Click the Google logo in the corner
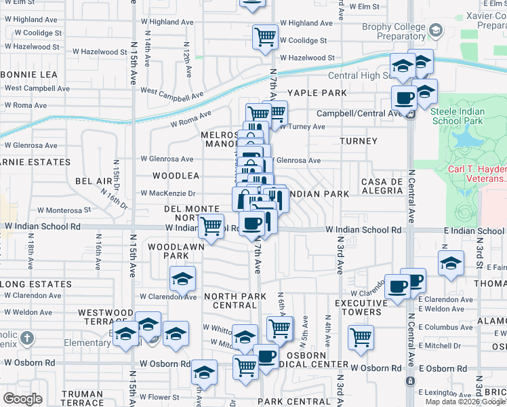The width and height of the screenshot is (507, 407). (x=22, y=399)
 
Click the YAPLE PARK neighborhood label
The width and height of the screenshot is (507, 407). (x=317, y=93)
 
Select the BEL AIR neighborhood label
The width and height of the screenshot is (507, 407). (x=94, y=181)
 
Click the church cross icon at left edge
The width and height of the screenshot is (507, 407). (x=26, y=338)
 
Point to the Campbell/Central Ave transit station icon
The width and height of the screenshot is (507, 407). (x=410, y=114)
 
